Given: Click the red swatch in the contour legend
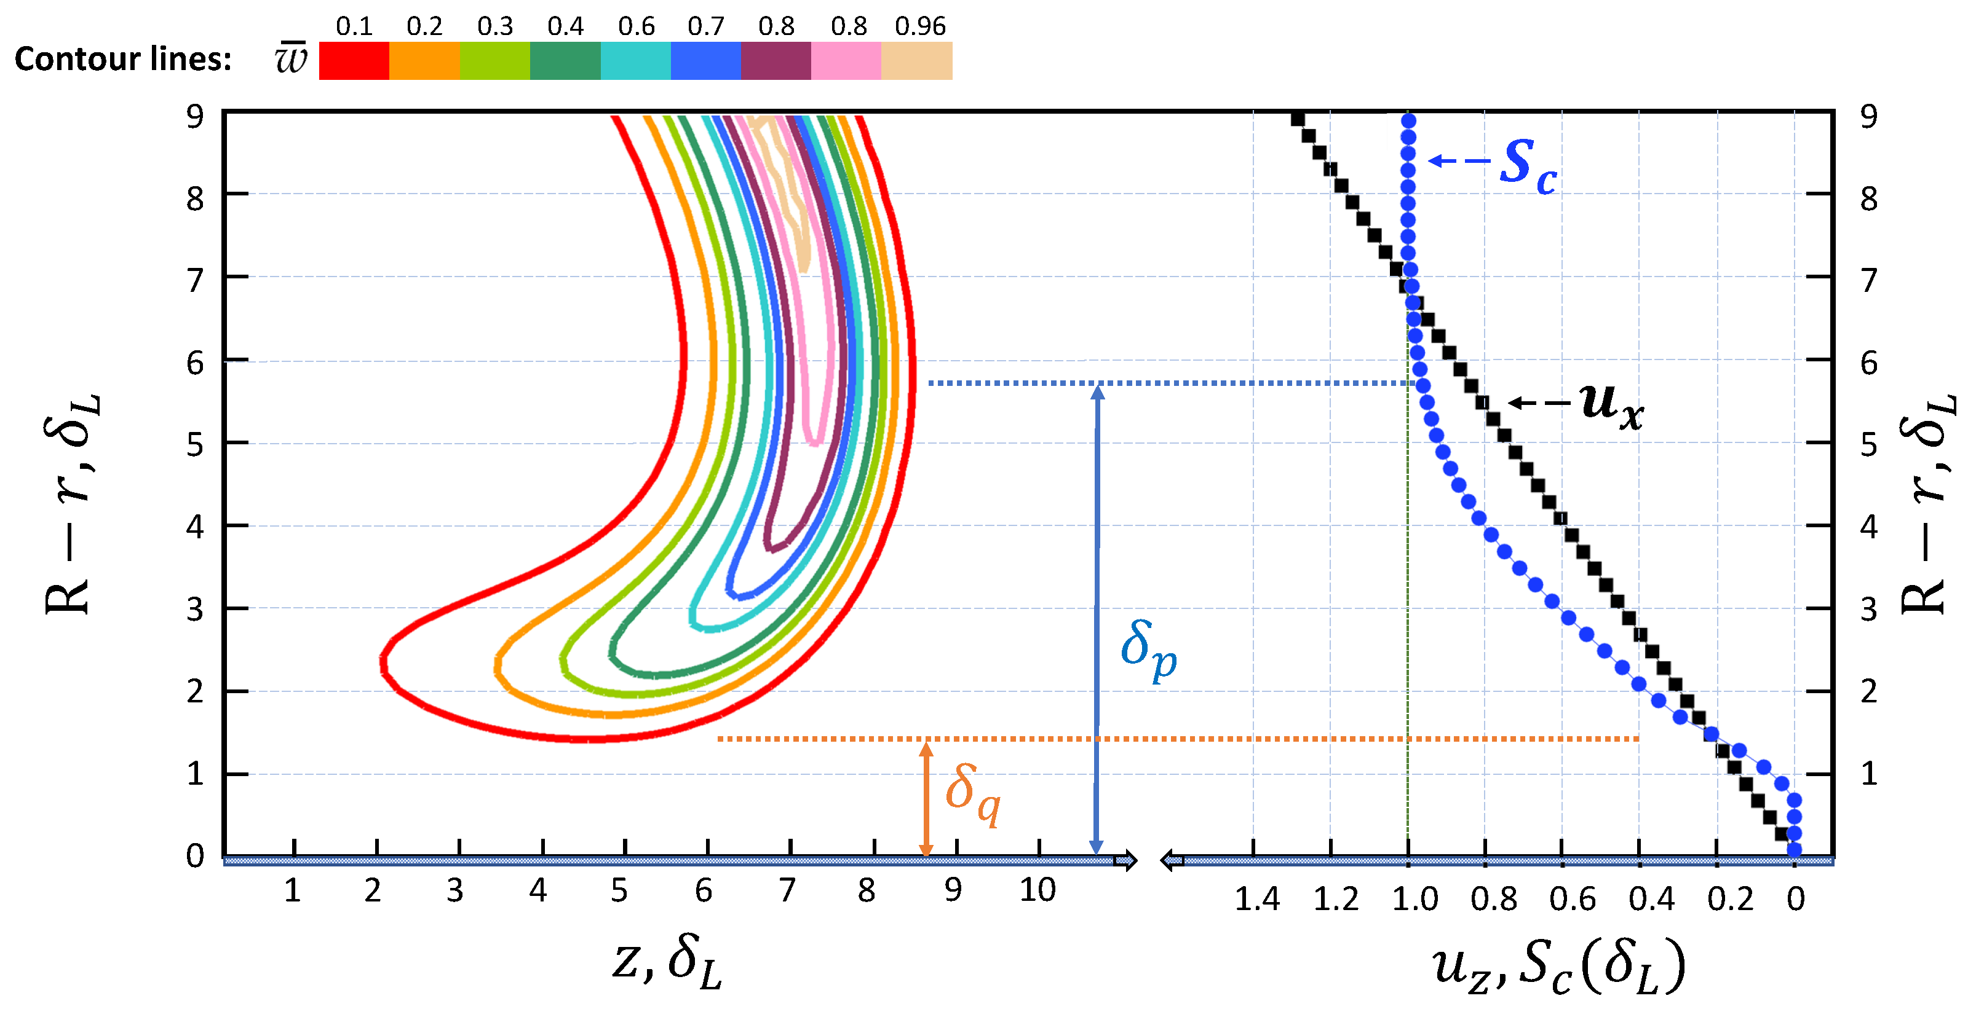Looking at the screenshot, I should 354,60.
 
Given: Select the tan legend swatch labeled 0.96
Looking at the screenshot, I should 917,60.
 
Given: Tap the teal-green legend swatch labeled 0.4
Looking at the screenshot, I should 565,60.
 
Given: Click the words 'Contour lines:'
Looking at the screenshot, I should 123,60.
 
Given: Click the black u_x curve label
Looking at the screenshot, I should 1611,405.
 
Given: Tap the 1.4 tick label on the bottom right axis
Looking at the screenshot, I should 1256,900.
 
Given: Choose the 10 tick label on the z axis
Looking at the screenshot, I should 1038,890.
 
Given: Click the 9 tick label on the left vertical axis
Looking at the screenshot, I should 195,117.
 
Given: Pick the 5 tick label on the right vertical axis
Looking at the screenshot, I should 1869,444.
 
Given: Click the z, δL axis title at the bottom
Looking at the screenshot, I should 666,964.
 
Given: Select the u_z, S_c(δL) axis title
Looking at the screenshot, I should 1558,967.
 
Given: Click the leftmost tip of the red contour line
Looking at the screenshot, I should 382,661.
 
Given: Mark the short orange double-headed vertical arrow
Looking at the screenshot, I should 926,798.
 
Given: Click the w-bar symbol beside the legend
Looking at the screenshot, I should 291,59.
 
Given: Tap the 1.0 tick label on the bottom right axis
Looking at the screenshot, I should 1414,900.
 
